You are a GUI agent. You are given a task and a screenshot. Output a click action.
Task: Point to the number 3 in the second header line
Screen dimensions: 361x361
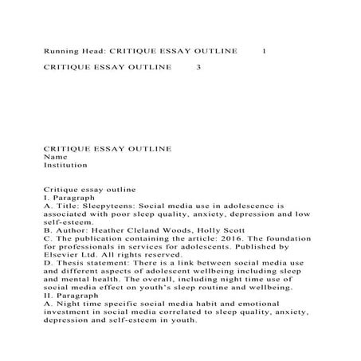pyautogui.click(x=198, y=67)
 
